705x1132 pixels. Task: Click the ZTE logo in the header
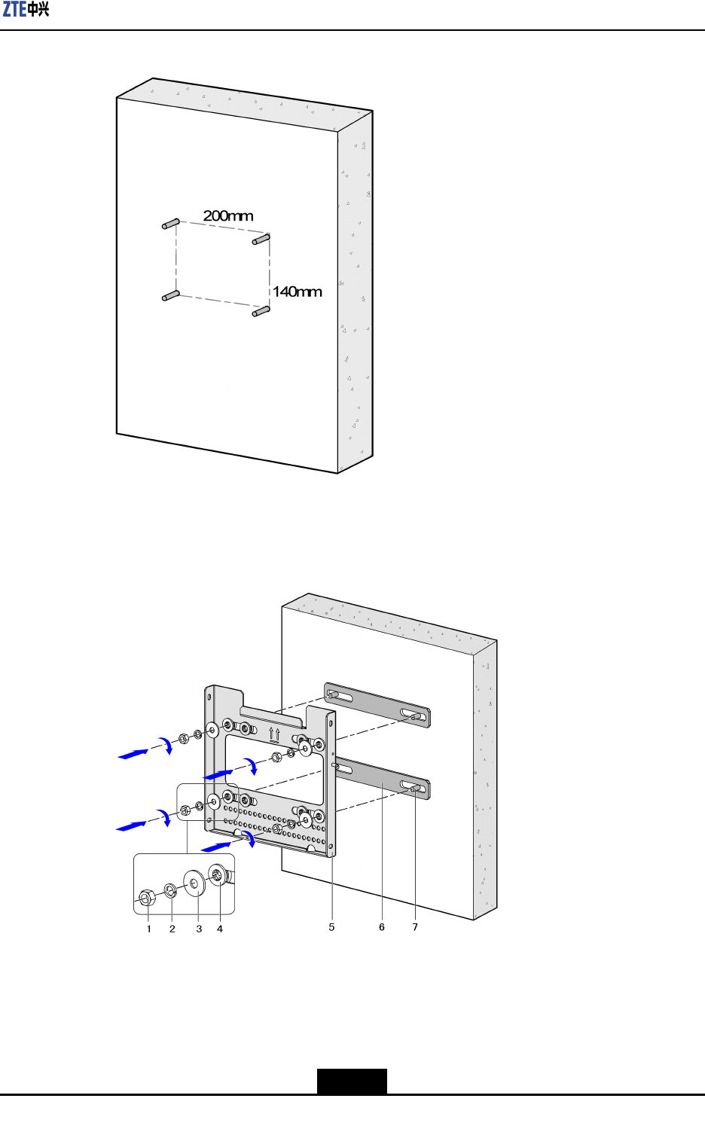click(x=26, y=10)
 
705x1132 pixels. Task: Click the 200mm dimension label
click(x=227, y=216)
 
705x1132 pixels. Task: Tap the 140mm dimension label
click(x=297, y=291)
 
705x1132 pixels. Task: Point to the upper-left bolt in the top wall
click(x=170, y=224)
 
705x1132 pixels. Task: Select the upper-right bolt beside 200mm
click(x=261, y=240)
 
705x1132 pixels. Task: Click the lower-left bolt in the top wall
click(x=170, y=296)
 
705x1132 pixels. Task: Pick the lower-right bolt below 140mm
click(x=261, y=310)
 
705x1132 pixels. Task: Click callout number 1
click(x=149, y=929)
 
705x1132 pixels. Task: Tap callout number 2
click(x=172, y=929)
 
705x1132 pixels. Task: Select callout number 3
click(x=199, y=929)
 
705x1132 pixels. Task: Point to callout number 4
click(x=220, y=929)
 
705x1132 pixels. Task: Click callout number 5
click(x=331, y=927)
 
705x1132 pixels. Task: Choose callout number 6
click(x=382, y=927)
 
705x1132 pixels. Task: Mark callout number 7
click(x=415, y=927)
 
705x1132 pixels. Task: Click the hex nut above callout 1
click(x=147, y=897)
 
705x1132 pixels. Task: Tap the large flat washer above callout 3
click(x=194, y=883)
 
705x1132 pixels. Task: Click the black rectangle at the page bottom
click(x=352, y=1081)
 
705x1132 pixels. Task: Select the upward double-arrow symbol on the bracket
click(x=275, y=733)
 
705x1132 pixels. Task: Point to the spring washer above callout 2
click(x=171, y=891)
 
